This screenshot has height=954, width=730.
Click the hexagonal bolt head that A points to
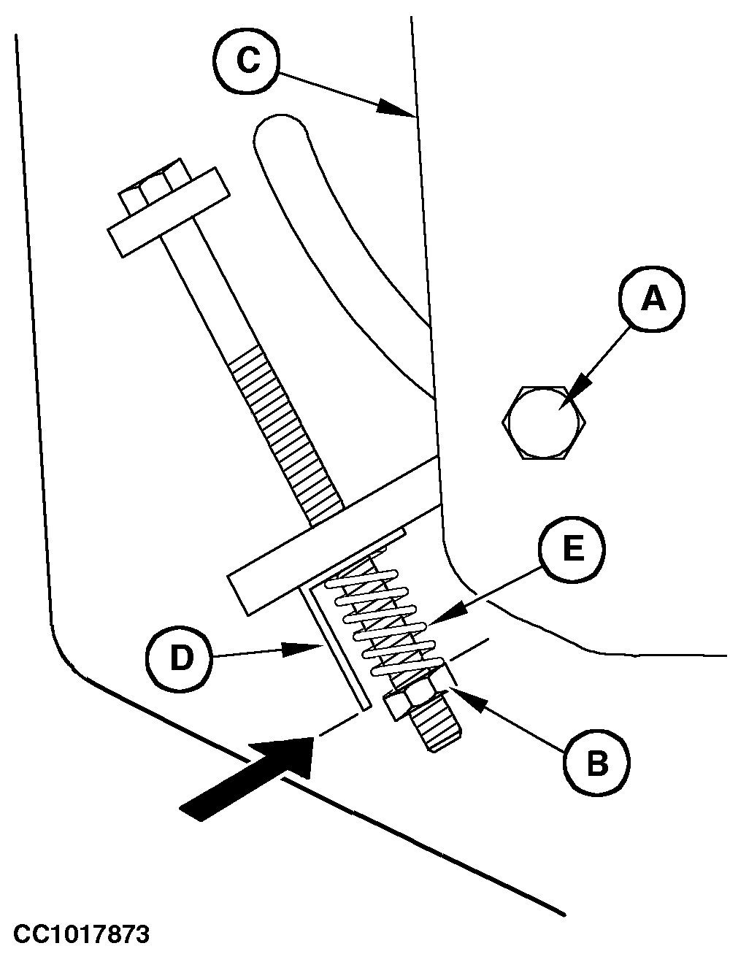point(544,422)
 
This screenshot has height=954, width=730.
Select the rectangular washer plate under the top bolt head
point(169,212)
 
